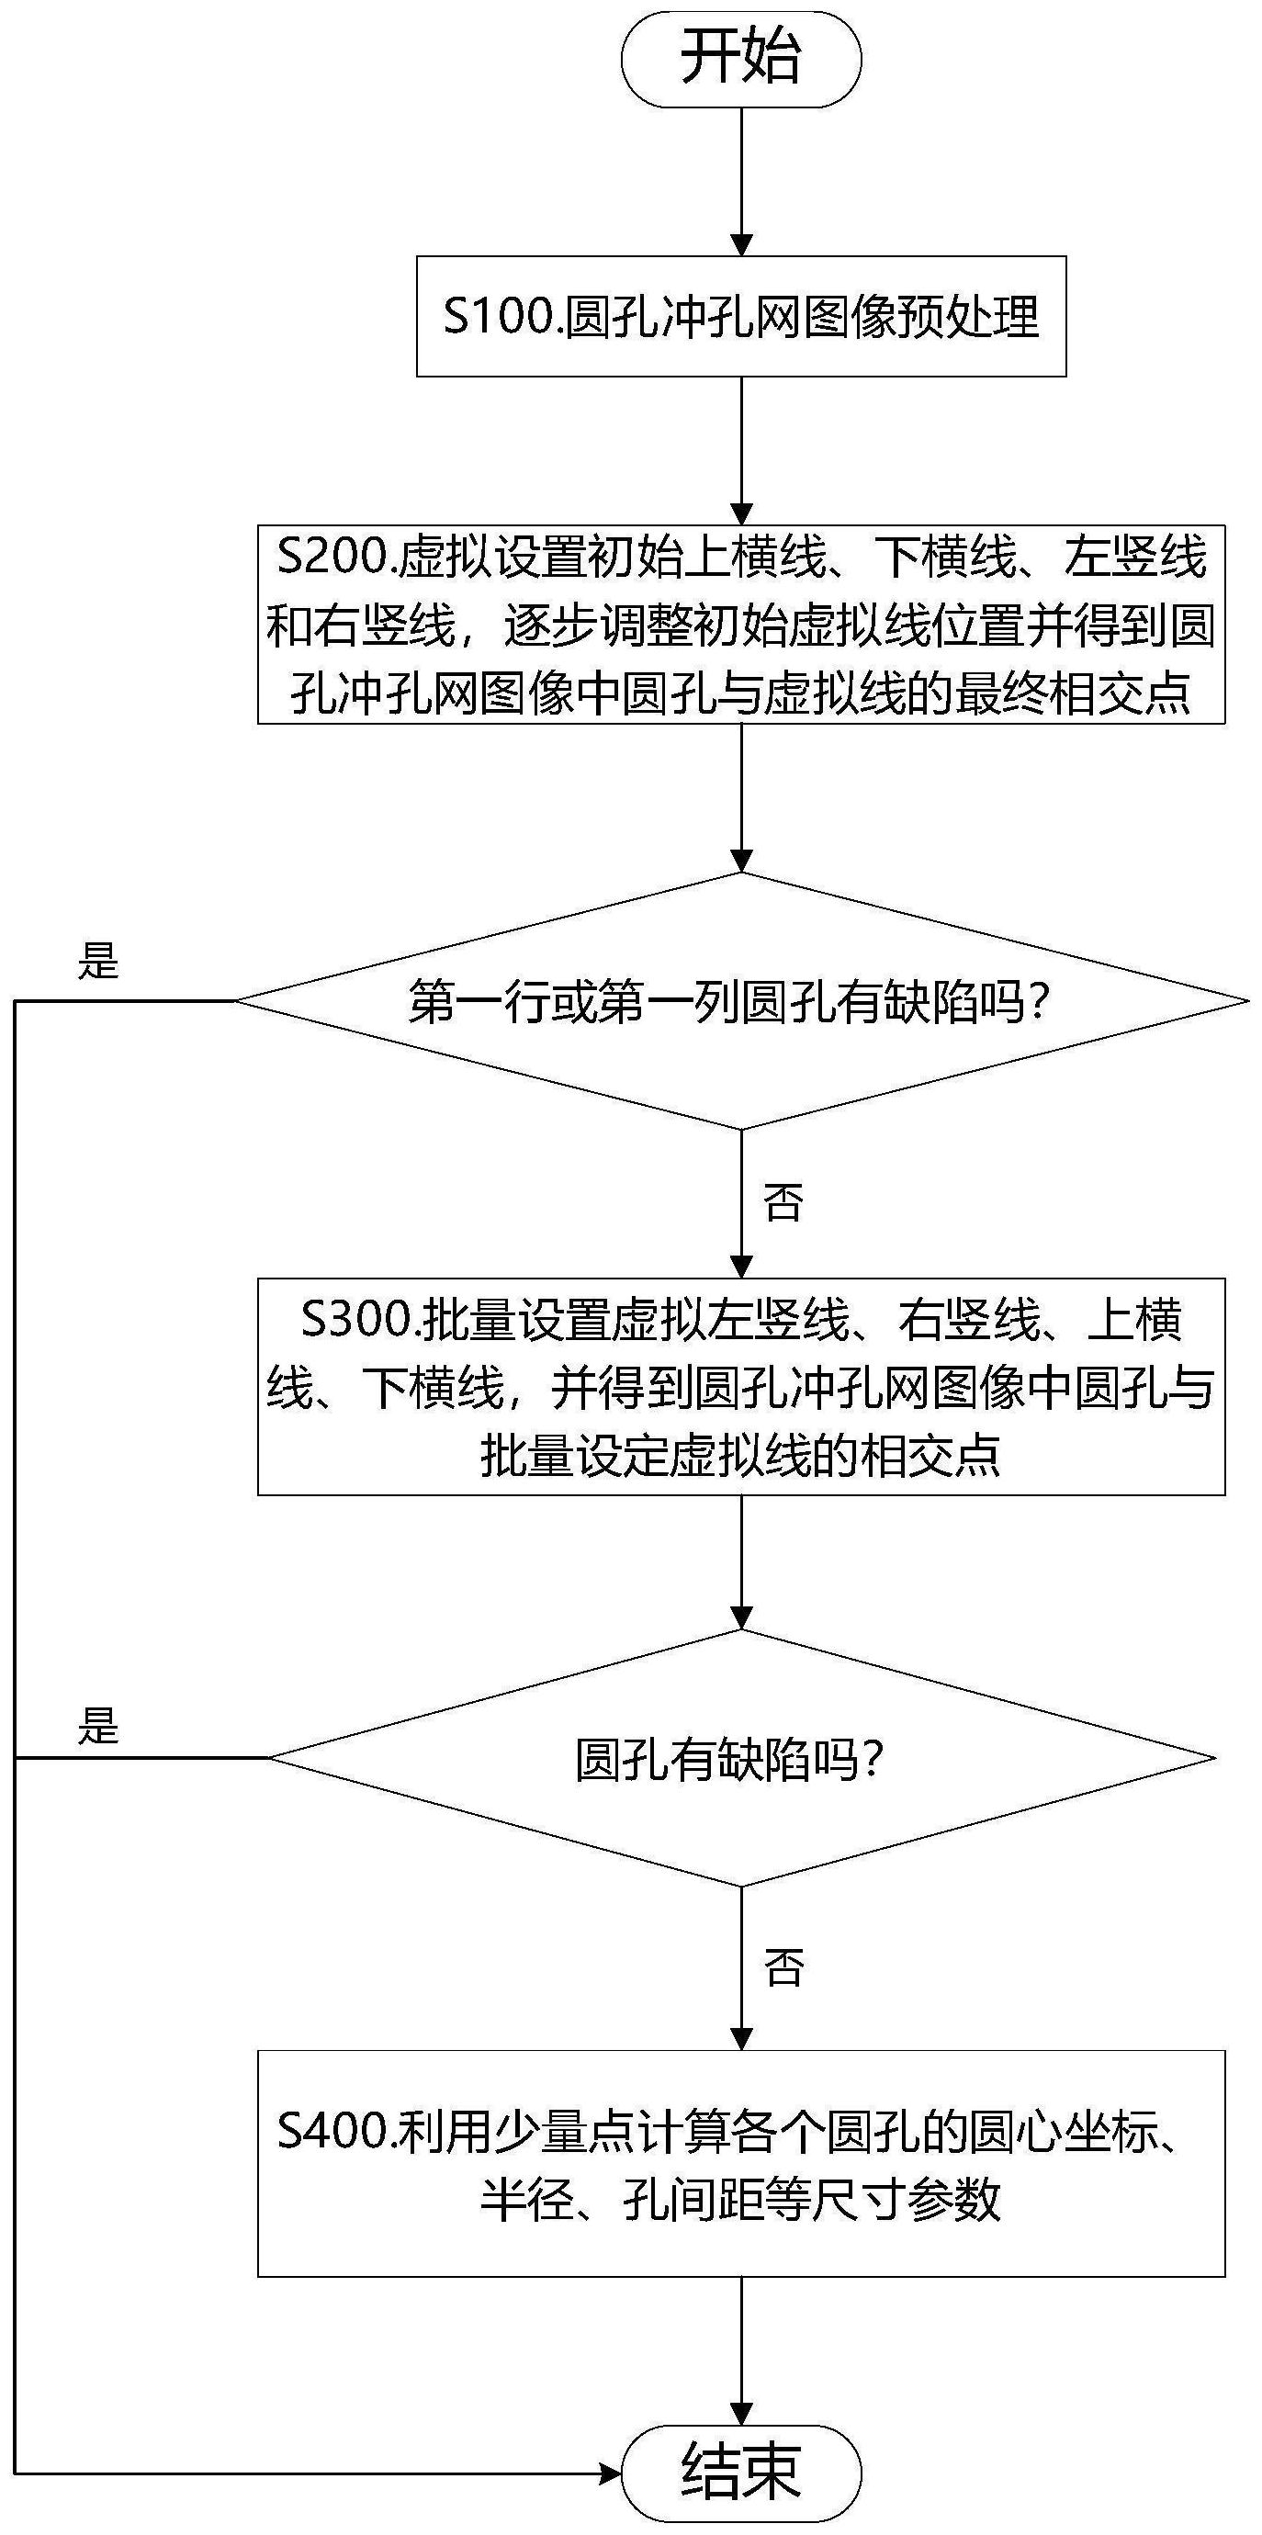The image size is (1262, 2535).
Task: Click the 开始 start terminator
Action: (741, 59)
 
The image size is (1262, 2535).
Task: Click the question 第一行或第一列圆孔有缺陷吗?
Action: (728, 1001)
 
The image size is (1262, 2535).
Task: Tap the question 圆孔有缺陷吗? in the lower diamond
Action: (729, 1759)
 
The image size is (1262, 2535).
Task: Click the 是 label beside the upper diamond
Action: (98, 961)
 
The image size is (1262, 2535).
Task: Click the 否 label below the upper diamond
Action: (783, 1201)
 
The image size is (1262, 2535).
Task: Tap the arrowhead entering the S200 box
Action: (741, 514)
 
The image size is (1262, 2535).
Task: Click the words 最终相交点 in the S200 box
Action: (1072, 693)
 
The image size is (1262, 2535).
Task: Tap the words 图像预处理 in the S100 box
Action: (921, 317)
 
